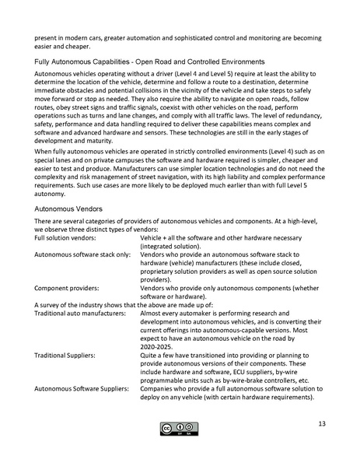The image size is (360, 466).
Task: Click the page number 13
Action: coord(321,424)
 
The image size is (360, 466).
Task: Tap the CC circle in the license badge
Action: coord(166,426)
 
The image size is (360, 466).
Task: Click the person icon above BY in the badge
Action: coord(179,426)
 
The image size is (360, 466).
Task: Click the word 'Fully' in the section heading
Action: coord(43,60)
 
